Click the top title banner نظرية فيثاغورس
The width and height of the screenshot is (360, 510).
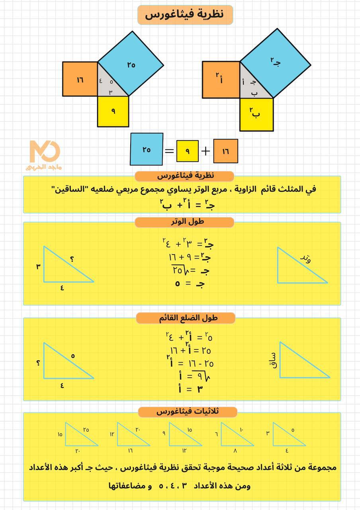[185, 15]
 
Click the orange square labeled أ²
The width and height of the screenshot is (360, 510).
[221, 79]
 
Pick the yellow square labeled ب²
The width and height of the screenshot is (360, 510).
[256, 114]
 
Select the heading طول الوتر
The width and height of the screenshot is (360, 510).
[184, 222]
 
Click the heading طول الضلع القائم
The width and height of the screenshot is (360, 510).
[186, 318]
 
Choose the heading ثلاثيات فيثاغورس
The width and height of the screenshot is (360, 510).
[188, 412]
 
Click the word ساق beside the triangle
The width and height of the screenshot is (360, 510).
[273, 359]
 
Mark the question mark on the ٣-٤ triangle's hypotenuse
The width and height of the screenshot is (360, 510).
[72, 259]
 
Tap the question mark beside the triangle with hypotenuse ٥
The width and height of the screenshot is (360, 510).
[38, 363]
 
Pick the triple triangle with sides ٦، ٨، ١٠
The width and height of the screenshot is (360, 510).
[235, 436]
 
